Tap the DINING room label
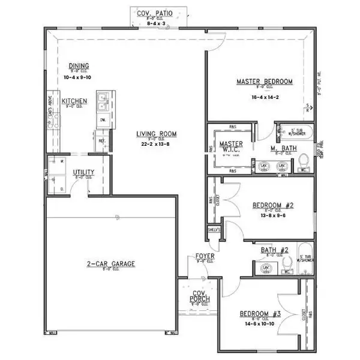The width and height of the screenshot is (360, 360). click(x=79, y=65)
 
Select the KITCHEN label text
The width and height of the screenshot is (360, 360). click(x=74, y=101)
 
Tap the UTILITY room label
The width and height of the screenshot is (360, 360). click(x=83, y=172)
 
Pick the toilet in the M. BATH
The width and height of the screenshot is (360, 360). click(x=304, y=161)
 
